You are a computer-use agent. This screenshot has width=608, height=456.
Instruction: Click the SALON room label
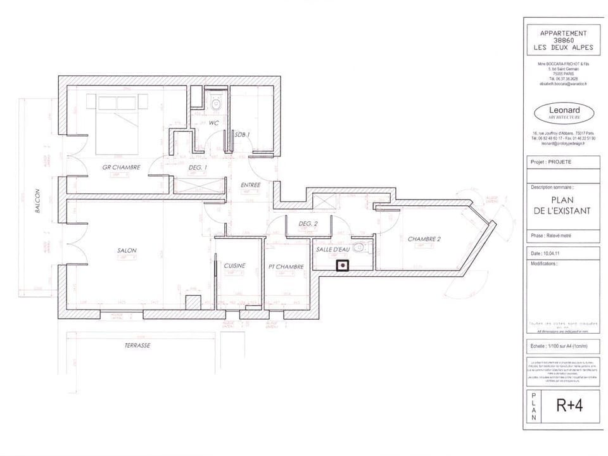point(127,250)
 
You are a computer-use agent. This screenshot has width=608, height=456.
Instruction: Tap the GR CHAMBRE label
point(121,168)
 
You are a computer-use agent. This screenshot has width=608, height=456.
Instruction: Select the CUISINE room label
point(234,266)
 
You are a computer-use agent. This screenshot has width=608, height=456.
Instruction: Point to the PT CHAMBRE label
point(286,267)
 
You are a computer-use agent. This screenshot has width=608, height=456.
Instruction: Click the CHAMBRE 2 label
point(424,239)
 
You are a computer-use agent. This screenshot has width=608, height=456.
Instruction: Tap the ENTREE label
point(251,185)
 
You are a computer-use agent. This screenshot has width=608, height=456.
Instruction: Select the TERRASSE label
point(137,346)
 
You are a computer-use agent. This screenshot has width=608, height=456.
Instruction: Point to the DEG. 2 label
point(307,224)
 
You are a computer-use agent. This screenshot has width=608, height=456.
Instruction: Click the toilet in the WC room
point(216,103)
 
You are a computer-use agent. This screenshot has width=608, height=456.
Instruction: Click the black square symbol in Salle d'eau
point(343,266)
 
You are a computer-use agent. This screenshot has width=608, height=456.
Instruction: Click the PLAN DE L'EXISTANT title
point(562,205)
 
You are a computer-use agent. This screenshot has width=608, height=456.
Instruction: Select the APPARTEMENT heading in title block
point(563,33)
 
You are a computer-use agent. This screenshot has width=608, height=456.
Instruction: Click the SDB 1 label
point(242,135)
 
